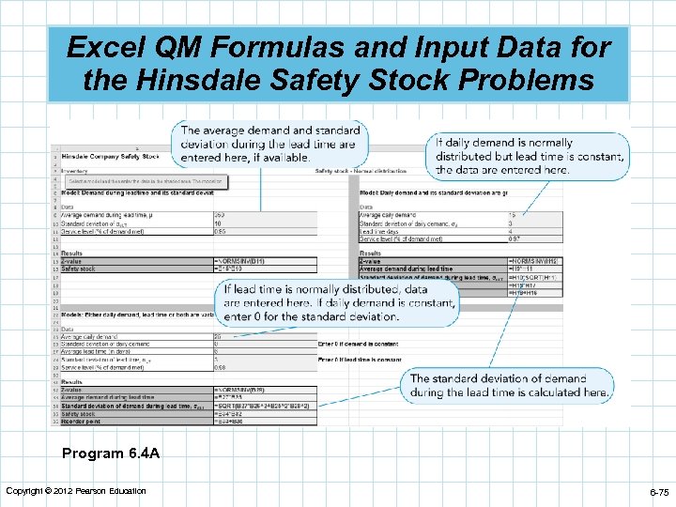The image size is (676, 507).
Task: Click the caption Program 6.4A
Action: (111, 453)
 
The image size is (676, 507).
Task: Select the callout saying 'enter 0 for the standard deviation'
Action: (339, 303)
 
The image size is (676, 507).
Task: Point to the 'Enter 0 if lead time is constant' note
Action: (360, 360)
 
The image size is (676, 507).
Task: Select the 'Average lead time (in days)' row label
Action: (94, 351)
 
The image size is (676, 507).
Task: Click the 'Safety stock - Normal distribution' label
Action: (360, 171)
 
